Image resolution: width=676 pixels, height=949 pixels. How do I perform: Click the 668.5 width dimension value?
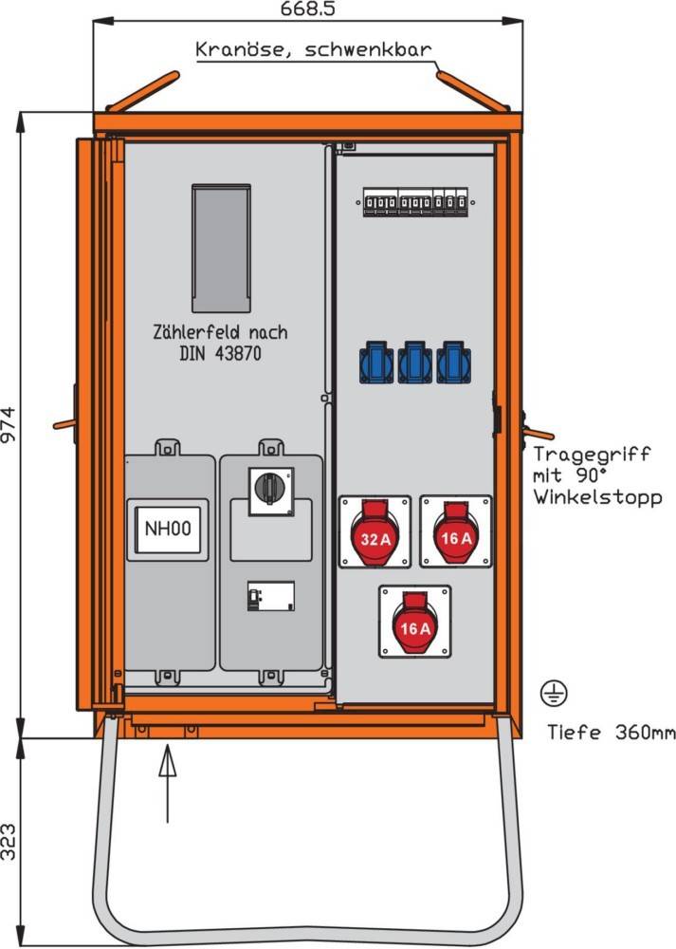(x=309, y=9)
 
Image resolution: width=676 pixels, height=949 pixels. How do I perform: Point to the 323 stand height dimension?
(x=10, y=841)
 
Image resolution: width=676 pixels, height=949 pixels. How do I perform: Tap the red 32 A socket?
(x=375, y=531)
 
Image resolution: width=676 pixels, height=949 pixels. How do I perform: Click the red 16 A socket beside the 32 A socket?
(x=455, y=531)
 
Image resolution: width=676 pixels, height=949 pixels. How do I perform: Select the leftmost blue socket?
(x=375, y=363)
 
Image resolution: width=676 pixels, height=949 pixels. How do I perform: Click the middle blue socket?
(x=414, y=363)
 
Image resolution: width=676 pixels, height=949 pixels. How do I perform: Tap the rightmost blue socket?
(x=453, y=363)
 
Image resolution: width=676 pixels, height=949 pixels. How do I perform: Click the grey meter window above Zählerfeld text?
(x=221, y=248)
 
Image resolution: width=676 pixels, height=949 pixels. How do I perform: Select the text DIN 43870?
(x=219, y=353)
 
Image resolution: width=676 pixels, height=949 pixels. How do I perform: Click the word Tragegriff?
(x=592, y=455)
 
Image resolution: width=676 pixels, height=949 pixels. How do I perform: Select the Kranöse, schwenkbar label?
(x=314, y=49)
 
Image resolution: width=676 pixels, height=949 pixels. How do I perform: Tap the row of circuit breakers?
(x=415, y=202)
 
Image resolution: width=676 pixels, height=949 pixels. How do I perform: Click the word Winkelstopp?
(x=597, y=496)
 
